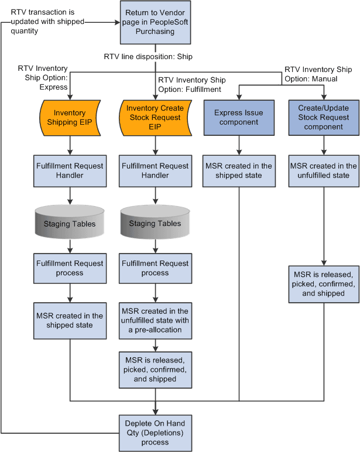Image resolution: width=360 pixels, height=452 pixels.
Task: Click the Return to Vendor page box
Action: (155, 22)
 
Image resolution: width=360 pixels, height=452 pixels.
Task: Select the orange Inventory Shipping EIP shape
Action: (70, 118)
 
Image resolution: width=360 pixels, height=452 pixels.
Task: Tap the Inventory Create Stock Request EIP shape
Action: (155, 118)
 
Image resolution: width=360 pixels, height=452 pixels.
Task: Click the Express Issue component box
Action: (239, 118)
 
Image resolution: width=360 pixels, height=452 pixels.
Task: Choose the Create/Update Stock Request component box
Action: (324, 118)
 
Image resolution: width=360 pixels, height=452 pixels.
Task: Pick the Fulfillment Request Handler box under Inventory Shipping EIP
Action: (70, 170)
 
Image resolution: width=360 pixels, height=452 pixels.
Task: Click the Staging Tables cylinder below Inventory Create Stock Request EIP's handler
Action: (155, 222)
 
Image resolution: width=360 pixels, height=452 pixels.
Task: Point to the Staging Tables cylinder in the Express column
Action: (70, 222)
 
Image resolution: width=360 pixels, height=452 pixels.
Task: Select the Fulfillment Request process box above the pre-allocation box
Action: (155, 268)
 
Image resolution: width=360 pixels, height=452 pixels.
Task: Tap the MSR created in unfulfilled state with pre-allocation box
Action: (155, 320)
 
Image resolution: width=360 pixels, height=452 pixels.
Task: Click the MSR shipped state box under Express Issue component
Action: (239, 170)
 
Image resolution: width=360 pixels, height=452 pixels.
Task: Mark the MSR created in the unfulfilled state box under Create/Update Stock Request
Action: (324, 170)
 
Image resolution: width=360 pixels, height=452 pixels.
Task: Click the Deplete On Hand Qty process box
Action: (155, 433)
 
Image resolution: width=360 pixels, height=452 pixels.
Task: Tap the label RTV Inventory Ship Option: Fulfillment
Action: (190, 85)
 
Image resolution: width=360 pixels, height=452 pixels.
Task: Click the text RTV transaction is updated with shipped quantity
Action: (47, 22)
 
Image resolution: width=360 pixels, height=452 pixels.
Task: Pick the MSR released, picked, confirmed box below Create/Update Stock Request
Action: (324, 283)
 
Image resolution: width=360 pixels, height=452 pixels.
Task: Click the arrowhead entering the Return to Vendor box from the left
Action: (117, 22)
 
